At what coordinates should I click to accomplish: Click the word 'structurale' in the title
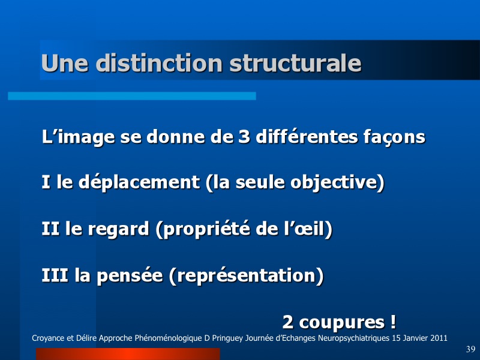[x=295, y=63]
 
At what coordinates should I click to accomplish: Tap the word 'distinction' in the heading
[x=159, y=63]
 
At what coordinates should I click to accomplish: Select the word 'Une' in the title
[x=65, y=63]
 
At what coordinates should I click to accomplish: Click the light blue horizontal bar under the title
[x=132, y=96]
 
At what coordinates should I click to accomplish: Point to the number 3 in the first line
[x=244, y=137]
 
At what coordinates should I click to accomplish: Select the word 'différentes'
[x=307, y=136]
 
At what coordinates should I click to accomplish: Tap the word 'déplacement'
[x=139, y=183]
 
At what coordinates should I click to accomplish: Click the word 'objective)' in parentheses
[x=337, y=183]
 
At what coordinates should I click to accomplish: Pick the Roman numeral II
[x=50, y=229]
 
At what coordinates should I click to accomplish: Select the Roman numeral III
[x=55, y=275]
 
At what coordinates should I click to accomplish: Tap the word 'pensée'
[x=130, y=275]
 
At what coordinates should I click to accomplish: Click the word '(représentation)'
[x=246, y=275]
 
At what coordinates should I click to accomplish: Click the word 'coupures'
[x=341, y=322]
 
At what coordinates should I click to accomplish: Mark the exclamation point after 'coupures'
[x=393, y=322]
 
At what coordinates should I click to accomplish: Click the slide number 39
[x=470, y=349]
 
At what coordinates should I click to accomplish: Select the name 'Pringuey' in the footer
[x=227, y=338]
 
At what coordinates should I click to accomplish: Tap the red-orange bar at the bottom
[x=128, y=354]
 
